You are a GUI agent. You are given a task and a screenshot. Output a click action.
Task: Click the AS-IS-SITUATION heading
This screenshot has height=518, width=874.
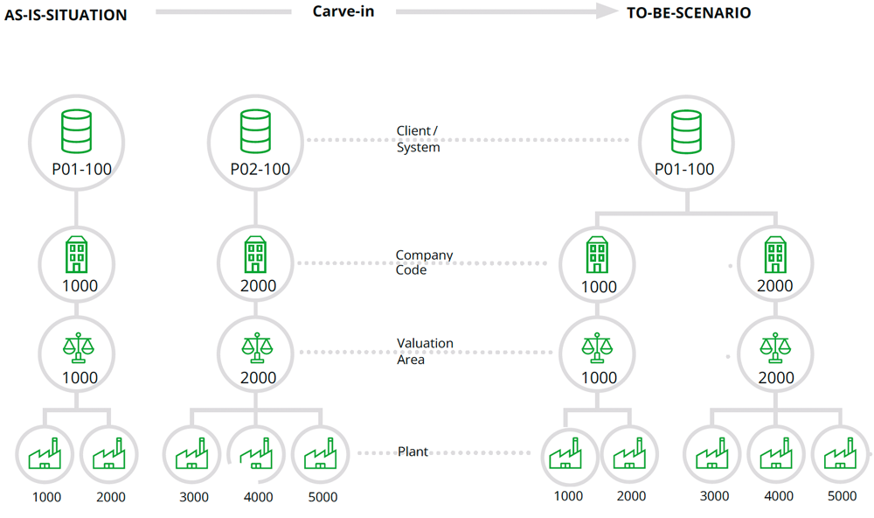click(66, 15)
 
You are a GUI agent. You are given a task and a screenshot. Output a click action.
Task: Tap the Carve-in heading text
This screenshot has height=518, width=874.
click(343, 12)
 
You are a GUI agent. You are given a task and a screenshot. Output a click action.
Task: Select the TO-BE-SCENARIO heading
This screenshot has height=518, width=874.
click(689, 12)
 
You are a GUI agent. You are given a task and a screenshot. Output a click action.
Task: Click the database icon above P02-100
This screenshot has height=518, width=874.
click(255, 130)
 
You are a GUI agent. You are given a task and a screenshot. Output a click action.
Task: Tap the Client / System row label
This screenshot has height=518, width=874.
click(418, 139)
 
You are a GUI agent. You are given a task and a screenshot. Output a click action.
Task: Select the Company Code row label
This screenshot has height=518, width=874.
click(424, 262)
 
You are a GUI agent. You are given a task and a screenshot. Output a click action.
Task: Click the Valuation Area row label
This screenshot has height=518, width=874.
click(425, 351)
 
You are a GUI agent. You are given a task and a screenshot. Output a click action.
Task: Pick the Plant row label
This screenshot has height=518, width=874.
click(413, 451)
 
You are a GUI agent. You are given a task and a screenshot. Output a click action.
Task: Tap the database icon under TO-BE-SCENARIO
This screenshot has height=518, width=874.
click(684, 130)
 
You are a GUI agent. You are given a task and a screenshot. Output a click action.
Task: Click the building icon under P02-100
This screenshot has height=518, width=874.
click(256, 256)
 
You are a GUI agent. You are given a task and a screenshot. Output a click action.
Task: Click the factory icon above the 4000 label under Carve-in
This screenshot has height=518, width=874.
click(255, 454)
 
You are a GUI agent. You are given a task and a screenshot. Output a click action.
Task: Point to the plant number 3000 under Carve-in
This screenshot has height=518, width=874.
click(194, 497)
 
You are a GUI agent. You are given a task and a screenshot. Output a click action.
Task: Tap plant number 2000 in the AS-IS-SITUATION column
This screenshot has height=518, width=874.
click(109, 497)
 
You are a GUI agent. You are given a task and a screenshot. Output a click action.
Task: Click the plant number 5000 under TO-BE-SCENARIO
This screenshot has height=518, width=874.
click(841, 496)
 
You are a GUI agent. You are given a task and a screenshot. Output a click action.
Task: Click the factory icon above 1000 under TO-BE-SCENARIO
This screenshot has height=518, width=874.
click(568, 454)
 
